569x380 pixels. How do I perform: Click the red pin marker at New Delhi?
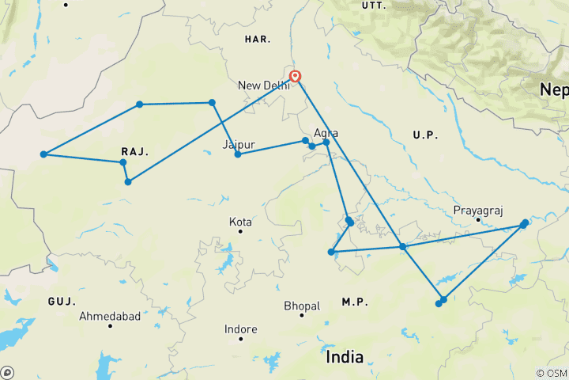pos(296,77)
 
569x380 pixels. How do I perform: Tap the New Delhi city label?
pos(262,85)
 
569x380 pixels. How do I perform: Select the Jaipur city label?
pos(239,145)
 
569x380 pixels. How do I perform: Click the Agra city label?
pos(326,133)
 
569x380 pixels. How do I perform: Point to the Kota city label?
pos(240,222)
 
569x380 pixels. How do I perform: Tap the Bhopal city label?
pos(302,306)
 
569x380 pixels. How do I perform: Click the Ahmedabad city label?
pos(110,317)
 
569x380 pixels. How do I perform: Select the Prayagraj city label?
pos(477,211)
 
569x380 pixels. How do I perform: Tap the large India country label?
pos(345,357)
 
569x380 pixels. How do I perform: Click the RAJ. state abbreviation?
pos(135,150)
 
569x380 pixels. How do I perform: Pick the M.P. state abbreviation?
pos(355,302)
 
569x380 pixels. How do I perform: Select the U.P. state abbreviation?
pos(425,135)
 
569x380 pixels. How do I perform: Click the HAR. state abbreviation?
pos(258,39)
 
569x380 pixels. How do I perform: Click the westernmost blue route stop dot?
pos(43,154)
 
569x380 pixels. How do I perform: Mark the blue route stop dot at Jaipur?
pos(237,154)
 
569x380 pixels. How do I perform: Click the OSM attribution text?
pos(551,373)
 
